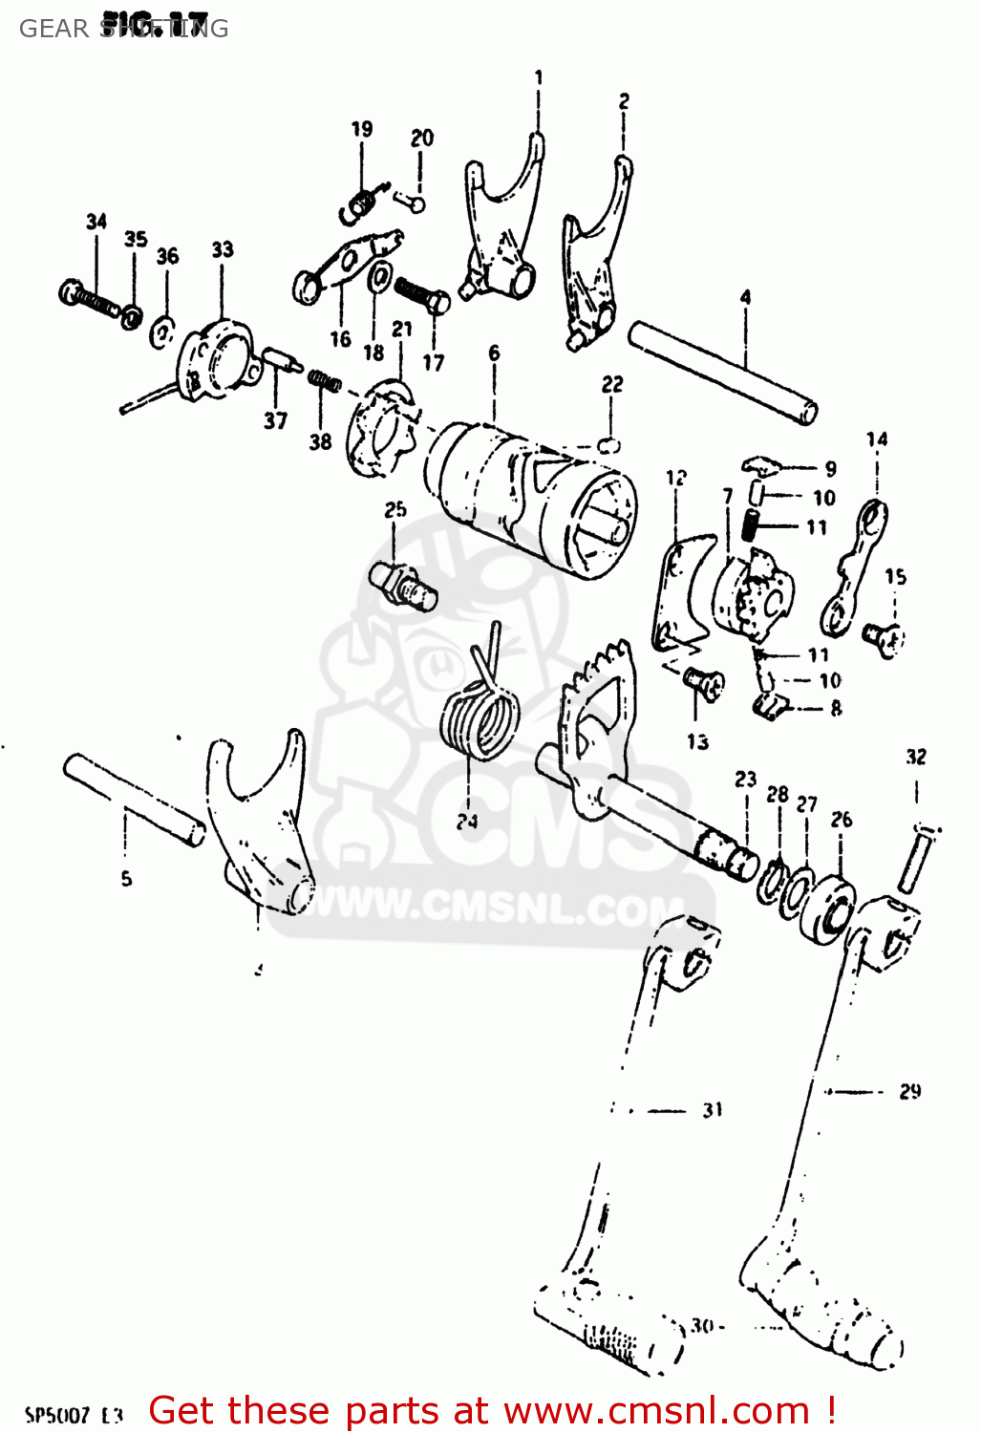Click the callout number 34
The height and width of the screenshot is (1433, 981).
[x=96, y=222]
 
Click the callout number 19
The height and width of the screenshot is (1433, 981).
[x=361, y=129]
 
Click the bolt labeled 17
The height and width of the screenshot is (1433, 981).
[x=422, y=292]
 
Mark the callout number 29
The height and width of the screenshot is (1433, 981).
[x=909, y=1091]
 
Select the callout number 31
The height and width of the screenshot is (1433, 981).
[x=713, y=1110]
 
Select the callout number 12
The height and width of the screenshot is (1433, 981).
[x=676, y=477]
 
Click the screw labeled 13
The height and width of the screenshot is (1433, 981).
[x=704, y=682]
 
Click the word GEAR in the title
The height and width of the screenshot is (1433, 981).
[x=53, y=29]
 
